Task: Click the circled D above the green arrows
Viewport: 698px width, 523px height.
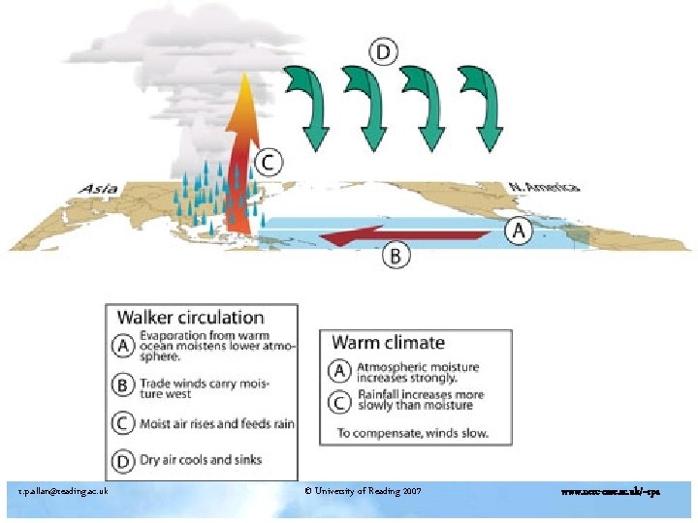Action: coord(384,51)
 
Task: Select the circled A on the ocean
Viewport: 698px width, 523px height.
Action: coord(522,231)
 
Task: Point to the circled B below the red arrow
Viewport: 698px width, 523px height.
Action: coord(398,256)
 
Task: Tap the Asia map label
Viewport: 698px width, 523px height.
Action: coord(99,189)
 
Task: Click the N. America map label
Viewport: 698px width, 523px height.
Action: coord(546,186)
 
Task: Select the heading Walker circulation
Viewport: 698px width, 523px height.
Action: coord(191,317)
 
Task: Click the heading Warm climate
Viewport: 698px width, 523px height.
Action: coord(389,342)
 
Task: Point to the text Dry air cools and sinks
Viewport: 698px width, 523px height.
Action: coord(201,459)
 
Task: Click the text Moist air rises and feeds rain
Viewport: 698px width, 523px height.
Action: coord(216,423)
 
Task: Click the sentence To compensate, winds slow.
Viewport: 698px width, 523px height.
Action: coord(413,432)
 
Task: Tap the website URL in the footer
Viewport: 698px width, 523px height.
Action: coord(611,492)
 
